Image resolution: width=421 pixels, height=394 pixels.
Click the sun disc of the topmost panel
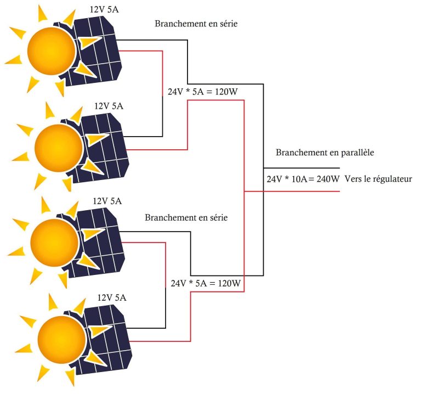52,51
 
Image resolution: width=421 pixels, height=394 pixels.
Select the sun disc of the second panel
59,148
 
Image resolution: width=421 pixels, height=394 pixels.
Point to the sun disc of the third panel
54,243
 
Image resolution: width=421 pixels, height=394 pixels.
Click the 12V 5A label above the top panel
104,10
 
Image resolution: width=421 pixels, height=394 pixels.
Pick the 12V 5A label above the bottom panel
112,298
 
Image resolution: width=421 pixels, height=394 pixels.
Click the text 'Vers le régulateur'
378,179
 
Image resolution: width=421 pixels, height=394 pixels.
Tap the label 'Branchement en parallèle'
325,153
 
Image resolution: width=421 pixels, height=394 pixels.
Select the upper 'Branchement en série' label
196,24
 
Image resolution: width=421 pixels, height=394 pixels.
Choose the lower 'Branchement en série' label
186,217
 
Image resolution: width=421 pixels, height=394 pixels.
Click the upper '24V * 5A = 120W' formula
203,92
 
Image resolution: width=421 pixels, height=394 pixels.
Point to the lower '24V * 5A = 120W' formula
206,283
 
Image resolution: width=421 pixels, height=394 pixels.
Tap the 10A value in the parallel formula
299,179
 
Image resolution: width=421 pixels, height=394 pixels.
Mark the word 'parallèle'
357,153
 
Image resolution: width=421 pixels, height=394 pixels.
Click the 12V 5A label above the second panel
109,106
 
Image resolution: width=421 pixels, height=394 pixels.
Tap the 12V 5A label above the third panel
107,201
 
